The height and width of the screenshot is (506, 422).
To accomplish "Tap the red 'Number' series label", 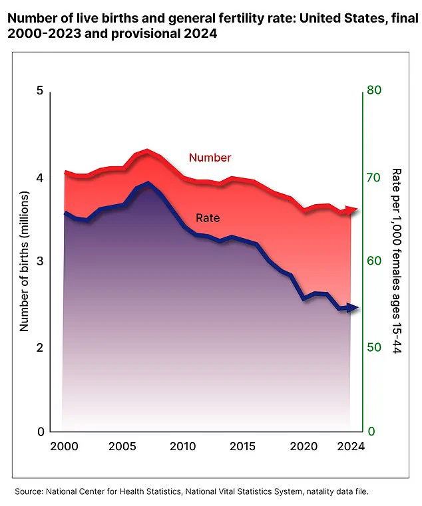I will (x=210, y=158).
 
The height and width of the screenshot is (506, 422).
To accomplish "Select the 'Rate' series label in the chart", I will (x=207, y=217).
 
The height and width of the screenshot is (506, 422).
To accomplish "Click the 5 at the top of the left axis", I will (x=39, y=91).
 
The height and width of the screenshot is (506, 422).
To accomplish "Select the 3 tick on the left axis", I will (x=39, y=261).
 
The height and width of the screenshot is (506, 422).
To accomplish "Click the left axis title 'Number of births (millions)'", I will (x=24, y=261).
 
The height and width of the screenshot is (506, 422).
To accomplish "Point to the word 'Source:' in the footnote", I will (x=28, y=491).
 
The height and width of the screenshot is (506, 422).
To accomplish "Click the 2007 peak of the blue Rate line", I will (x=147, y=183).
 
